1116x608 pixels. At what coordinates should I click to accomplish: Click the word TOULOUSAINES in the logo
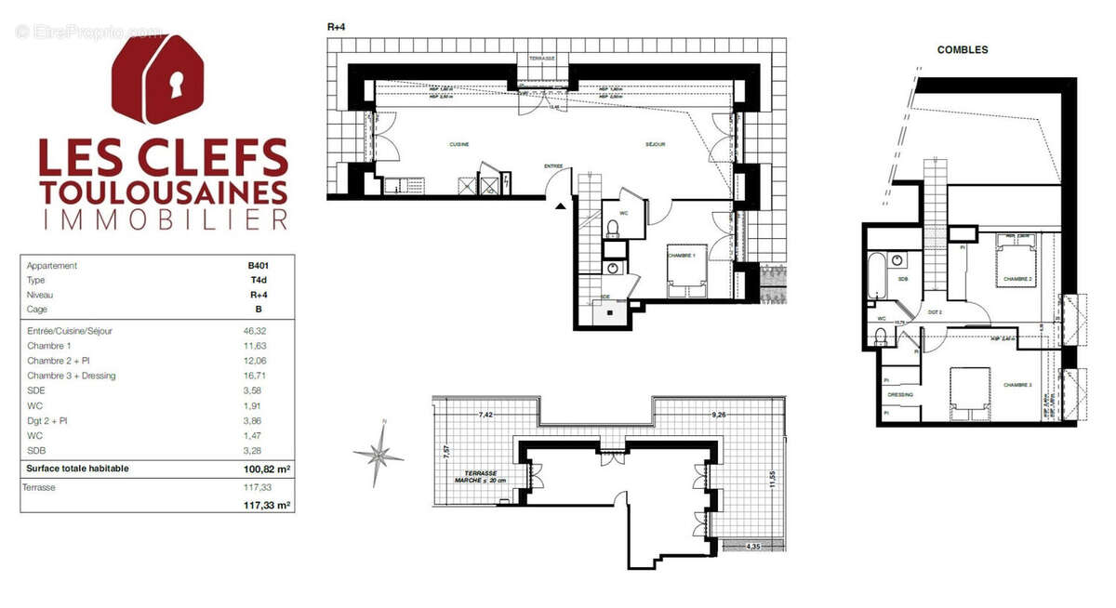[x=163, y=192]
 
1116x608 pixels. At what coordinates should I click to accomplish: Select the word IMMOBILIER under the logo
[x=163, y=219]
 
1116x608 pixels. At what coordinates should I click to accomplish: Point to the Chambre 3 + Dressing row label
[x=71, y=376]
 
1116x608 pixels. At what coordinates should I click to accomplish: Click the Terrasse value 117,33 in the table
[x=256, y=487]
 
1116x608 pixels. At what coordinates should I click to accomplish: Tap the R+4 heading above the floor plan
[x=337, y=28]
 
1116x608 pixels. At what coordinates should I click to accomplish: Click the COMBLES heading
[x=962, y=49]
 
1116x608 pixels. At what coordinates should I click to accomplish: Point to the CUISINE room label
[x=458, y=145]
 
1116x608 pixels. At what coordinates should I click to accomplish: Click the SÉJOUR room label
[x=658, y=145]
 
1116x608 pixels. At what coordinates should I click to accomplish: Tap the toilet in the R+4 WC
[x=613, y=227]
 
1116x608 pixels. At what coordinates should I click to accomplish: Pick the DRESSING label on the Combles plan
[x=901, y=395]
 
